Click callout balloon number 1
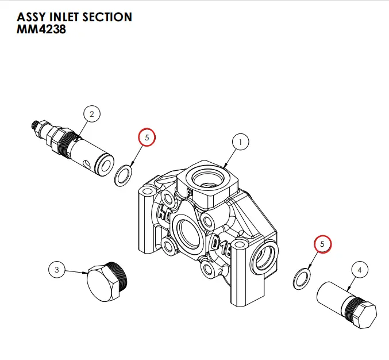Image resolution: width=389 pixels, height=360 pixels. point(240,141)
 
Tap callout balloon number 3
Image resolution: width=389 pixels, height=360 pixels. point(57,269)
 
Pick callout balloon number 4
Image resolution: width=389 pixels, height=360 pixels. point(360,269)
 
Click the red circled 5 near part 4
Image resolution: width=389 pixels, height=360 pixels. point(322,244)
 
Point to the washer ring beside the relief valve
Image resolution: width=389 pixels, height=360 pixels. point(124,175)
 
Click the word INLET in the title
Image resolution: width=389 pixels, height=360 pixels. point(60,17)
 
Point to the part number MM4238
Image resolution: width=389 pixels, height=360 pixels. point(41,30)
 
